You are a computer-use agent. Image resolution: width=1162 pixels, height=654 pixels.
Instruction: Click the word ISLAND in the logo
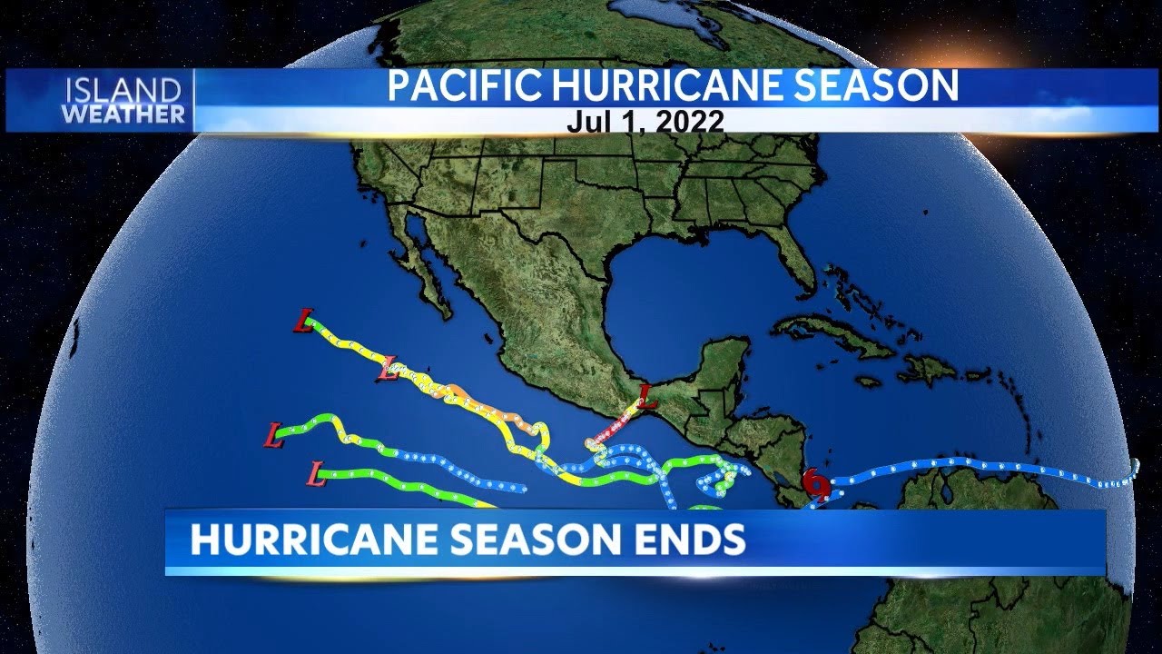pyautogui.click(x=123, y=90)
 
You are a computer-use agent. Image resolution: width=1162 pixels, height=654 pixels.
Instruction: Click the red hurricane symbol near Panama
pyautogui.click(x=817, y=486)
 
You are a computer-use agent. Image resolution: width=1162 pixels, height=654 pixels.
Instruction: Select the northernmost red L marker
pyautogui.click(x=305, y=322)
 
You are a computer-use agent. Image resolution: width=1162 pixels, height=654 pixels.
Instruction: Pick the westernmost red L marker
pyautogui.click(x=273, y=435)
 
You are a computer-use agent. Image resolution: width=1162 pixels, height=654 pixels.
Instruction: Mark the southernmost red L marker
pyautogui.click(x=317, y=473)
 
